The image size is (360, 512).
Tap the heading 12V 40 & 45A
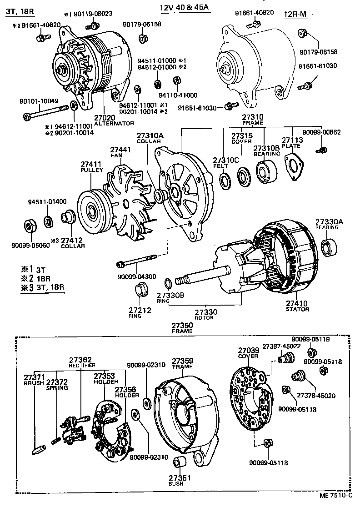(185, 9)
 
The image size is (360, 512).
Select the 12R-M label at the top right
(295, 15)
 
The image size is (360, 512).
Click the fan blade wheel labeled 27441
(130, 201)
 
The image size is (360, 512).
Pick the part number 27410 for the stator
(297, 303)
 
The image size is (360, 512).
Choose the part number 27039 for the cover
(249, 350)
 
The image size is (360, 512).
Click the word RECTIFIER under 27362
(81, 365)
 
